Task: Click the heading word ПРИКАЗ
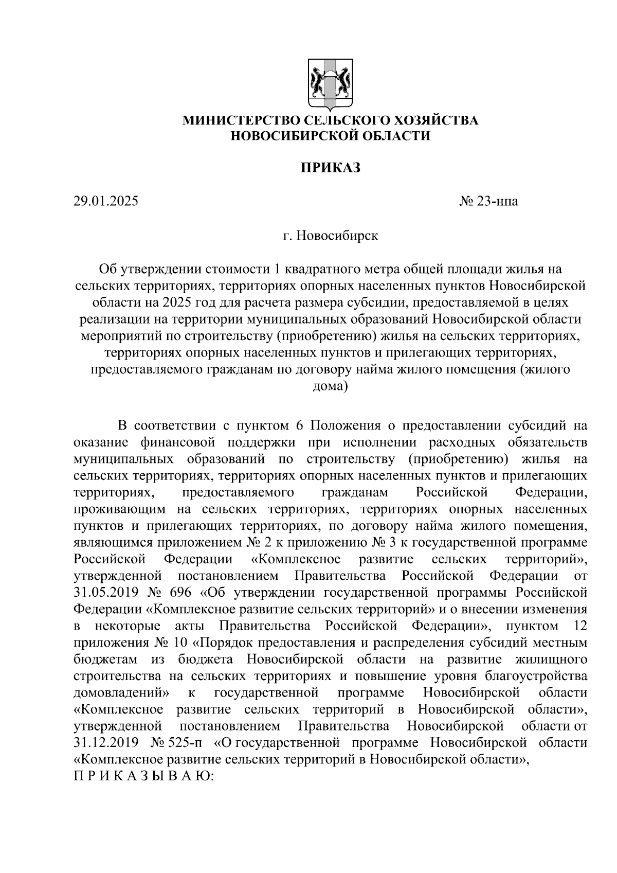pyautogui.click(x=330, y=168)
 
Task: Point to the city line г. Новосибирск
pyautogui.click(x=330, y=236)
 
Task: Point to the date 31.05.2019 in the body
pyautogui.click(x=106, y=593)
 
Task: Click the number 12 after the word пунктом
pyautogui.click(x=579, y=626)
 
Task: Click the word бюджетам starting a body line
pyautogui.click(x=106, y=660)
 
